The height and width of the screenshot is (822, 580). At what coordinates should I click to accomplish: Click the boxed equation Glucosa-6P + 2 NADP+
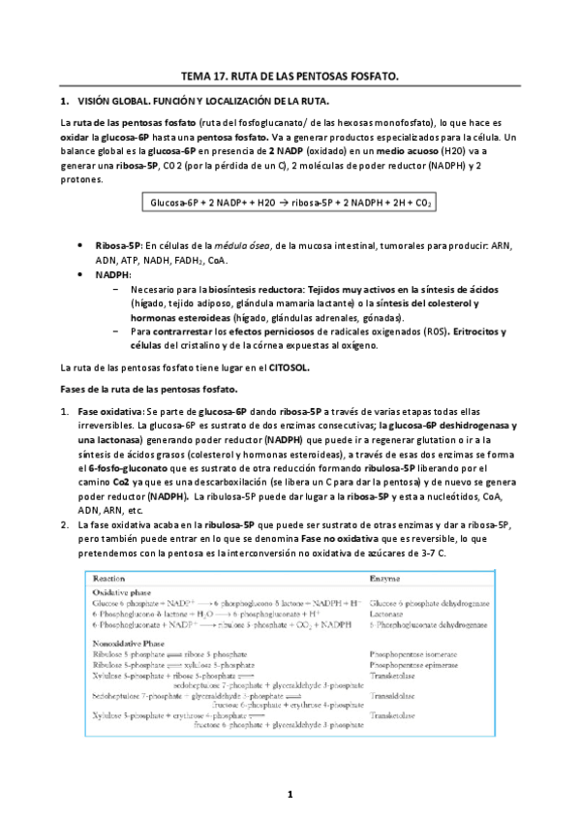coord(290,204)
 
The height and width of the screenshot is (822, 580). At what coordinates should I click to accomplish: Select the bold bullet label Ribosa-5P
coord(119,246)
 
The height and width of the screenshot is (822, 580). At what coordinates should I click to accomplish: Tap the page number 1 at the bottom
coord(290,795)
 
